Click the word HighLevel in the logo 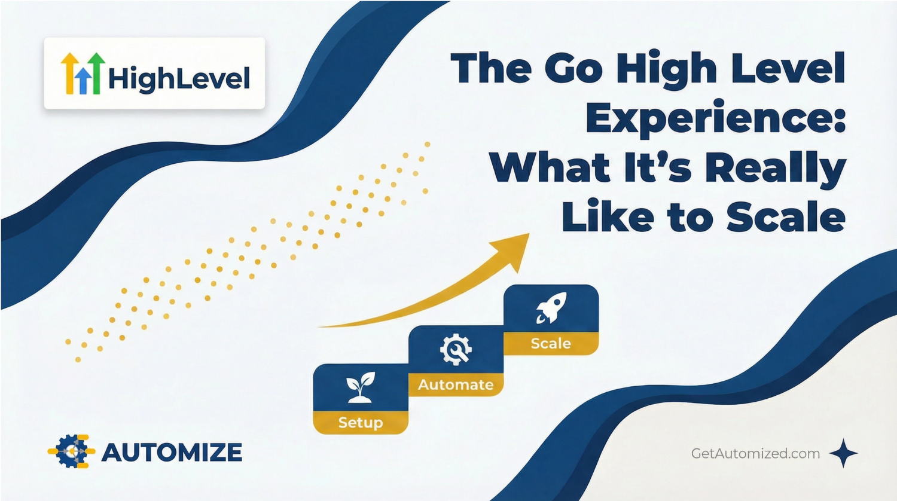pyautogui.click(x=179, y=79)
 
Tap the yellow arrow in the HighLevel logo pyautogui.click(x=70, y=72)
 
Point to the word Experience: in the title pyautogui.click(x=716, y=118)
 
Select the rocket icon pyautogui.click(x=550, y=308)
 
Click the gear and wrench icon pyautogui.click(x=456, y=349)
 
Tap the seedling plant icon pyautogui.click(x=360, y=387)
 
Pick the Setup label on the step pyautogui.click(x=360, y=423)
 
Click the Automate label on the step pyautogui.click(x=456, y=384)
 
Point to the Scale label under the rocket pyautogui.click(x=551, y=343)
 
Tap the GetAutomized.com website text pyautogui.click(x=755, y=453)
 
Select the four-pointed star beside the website pyautogui.click(x=843, y=453)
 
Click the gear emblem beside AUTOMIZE pyautogui.click(x=71, y=451)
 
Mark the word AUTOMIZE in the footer pyautogui.click(x=172, y=453)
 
